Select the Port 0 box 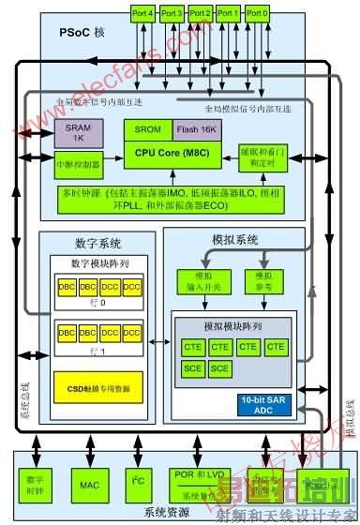coord(256,14)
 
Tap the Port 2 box coord(200,14)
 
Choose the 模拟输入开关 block coord(197,281)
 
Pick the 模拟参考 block coord(262,281)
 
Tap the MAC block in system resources coord(90,459)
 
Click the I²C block coord(138,459)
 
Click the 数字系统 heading coord(93,240)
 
